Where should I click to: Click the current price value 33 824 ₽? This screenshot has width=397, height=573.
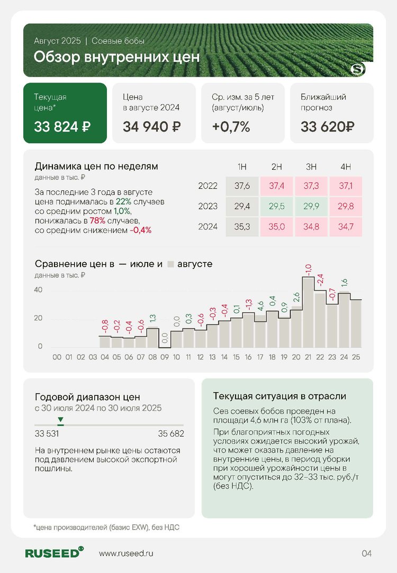[62, 127]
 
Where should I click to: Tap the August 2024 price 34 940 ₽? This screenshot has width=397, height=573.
[151, 127]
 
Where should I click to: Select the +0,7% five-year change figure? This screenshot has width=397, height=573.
[231, 127]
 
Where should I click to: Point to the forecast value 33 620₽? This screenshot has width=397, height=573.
[328, 127]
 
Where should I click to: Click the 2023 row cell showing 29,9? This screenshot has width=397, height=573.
[311, 207]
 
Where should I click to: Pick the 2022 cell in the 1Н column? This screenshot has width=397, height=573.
[242, 186]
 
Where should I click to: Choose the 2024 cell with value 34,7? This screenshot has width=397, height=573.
[346, 227]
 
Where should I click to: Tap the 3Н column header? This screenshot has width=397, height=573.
[311, 167]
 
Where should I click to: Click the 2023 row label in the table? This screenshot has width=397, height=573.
[208, 207]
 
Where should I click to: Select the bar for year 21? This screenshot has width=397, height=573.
[308, 312]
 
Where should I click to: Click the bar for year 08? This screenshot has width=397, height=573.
[152, 337]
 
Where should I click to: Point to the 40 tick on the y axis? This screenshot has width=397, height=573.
[38, 290]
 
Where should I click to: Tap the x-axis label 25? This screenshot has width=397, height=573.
[356, 357]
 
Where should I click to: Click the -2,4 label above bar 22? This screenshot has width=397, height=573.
[320, 280]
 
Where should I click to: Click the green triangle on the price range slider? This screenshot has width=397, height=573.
[61, 419]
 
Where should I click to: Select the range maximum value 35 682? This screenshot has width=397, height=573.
[171, 434]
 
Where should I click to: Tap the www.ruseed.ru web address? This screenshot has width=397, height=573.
[126, 553]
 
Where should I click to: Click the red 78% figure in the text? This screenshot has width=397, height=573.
[97, 221]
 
